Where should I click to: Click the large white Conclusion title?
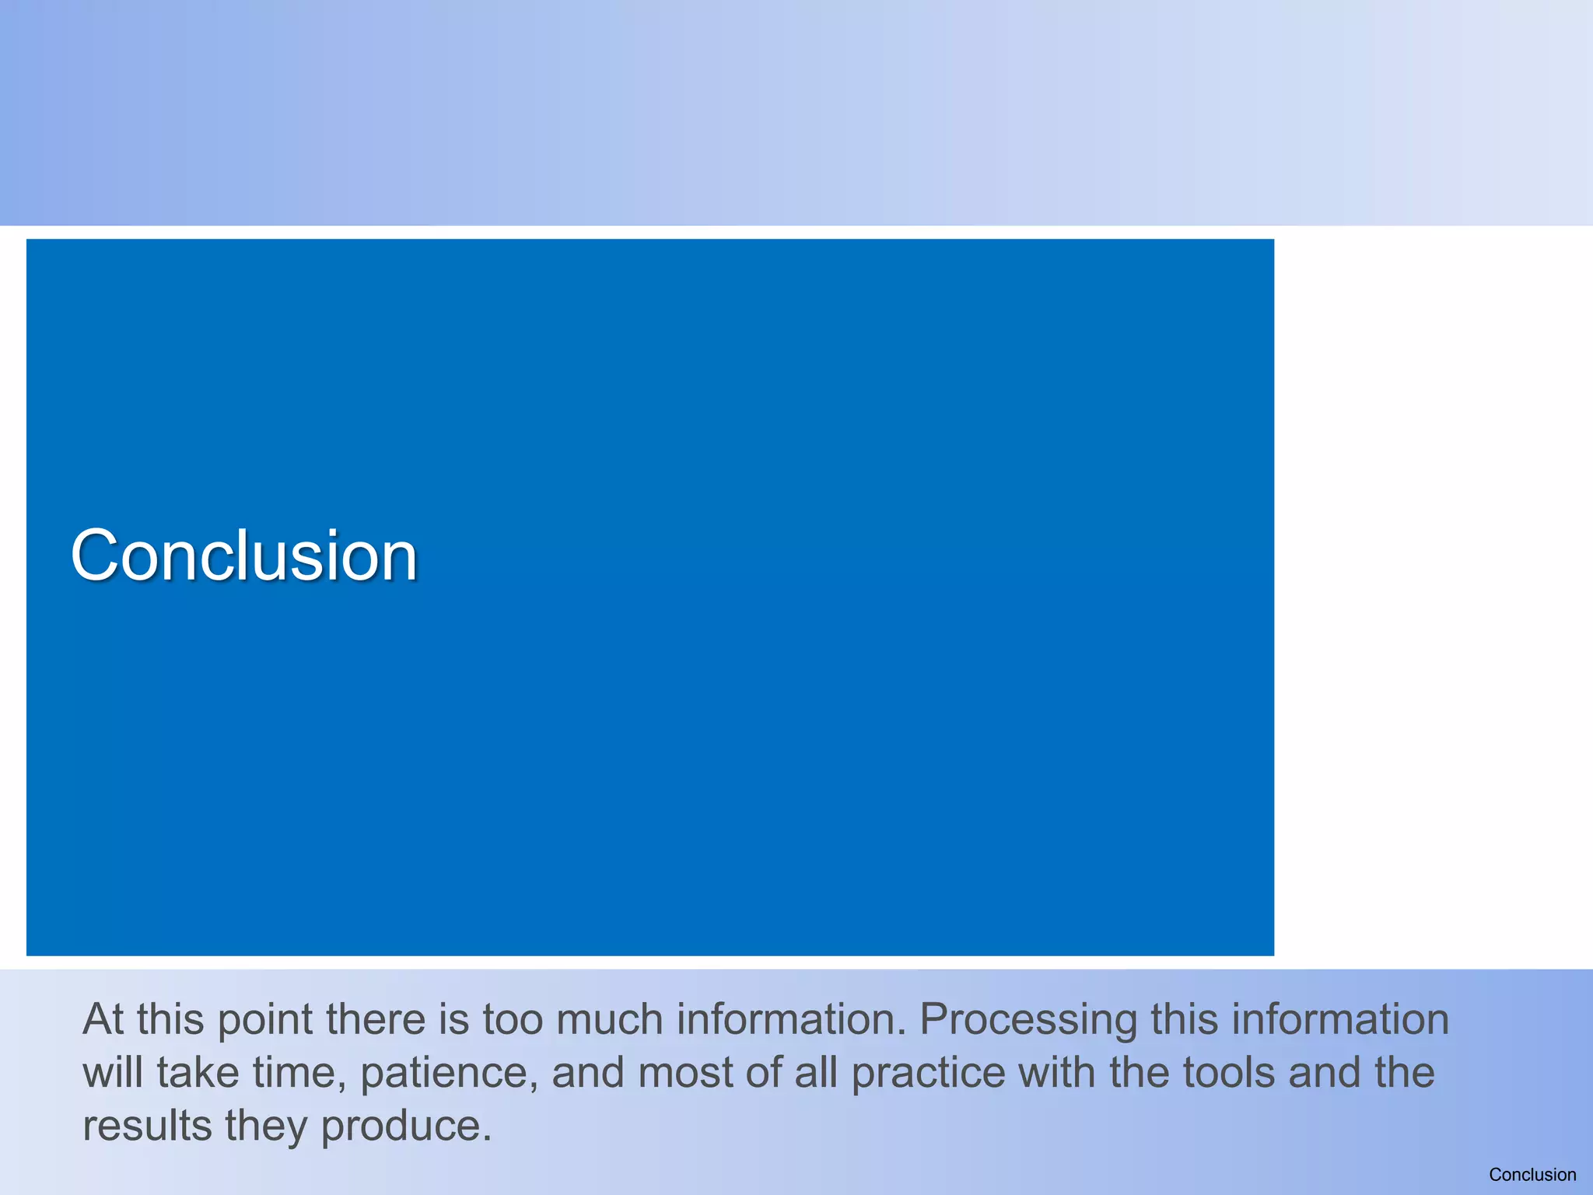244,555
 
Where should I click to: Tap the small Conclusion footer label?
1532,1175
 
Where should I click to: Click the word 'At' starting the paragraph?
103,1019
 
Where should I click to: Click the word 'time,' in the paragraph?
299,1074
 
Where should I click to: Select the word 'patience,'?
450,1074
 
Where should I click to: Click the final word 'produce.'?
406,1127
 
